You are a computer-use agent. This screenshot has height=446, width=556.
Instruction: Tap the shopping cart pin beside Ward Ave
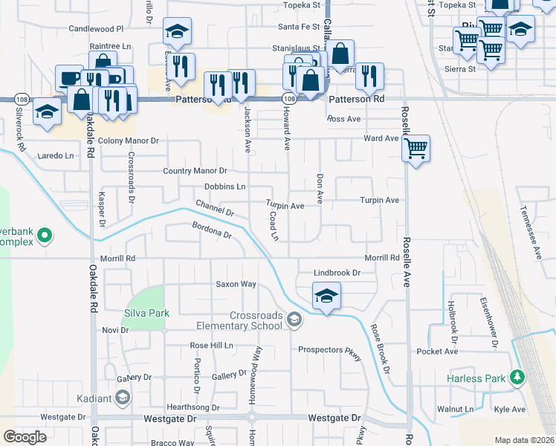[416, 147]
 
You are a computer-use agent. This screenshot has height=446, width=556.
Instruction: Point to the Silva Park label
[143, 314]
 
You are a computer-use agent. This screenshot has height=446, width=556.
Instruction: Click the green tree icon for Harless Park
[515, 378]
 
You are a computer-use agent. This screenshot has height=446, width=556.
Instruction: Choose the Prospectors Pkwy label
[329, 349]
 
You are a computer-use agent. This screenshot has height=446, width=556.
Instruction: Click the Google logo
[25, 437]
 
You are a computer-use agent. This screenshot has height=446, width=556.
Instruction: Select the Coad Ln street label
[274, 225]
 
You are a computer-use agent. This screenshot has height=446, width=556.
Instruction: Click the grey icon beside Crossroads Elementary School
[294, 320]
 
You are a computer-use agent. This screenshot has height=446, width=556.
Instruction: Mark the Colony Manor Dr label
[129, 140]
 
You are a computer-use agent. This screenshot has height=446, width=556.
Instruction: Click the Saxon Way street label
[236, 284]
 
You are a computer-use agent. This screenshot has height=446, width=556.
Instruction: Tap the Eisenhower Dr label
[490, 328]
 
